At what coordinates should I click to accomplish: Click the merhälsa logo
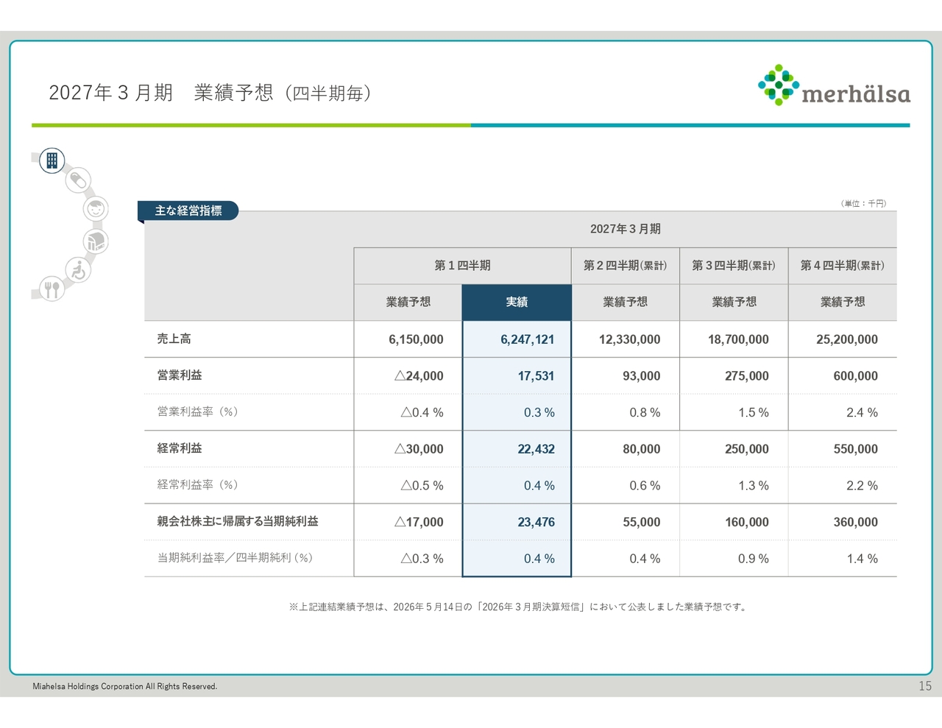click(x=834, y=85)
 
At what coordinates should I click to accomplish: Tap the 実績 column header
click(x=517, y=303)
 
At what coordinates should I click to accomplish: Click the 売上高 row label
click(x=174, y=339)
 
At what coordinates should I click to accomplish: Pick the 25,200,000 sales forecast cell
click(x=846, y=339)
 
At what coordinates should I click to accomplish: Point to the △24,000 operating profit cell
click(x=419, y=375)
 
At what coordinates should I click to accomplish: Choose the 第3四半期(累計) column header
click(x=734, y=265)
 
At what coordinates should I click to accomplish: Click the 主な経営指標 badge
click(x=188, y=211)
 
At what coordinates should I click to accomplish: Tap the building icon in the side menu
click(x=52, y=160)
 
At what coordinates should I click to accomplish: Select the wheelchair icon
click(x=79, y=269)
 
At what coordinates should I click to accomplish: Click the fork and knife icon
click(x=52, y=289)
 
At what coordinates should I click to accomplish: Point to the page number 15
click(x=925, y=686)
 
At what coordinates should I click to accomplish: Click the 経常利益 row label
click(x=180, y=448)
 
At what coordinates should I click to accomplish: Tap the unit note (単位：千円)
click(x=863, y=203)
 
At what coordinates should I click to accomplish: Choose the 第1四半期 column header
click(x=462, y=265)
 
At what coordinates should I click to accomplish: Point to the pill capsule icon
click(x=79, y=180)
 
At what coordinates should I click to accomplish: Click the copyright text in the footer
click(x=125, y=686)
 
